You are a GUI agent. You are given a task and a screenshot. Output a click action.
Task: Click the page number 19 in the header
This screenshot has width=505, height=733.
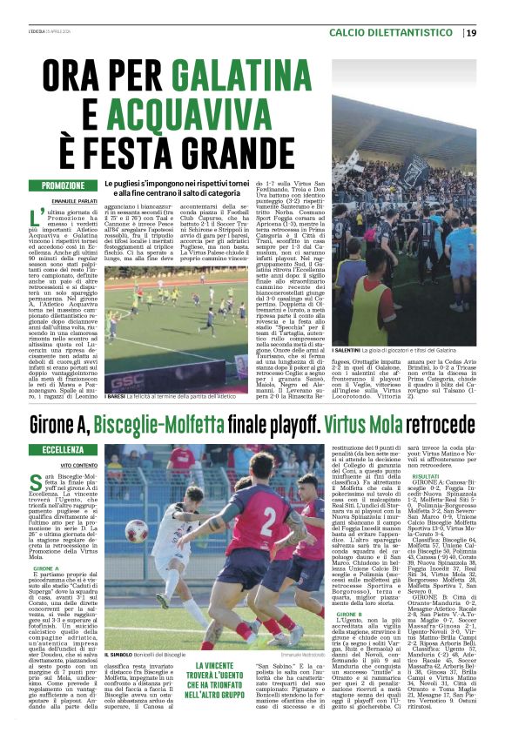[x=470, y=32]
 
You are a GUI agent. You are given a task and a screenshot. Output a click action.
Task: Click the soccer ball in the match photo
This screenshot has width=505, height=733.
[x=136, y=530]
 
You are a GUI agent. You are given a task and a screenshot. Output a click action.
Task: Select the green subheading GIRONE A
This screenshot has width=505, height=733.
[x=46, y=567]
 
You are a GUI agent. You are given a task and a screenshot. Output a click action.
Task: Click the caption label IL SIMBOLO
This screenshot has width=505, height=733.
[x=118, y=655]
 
